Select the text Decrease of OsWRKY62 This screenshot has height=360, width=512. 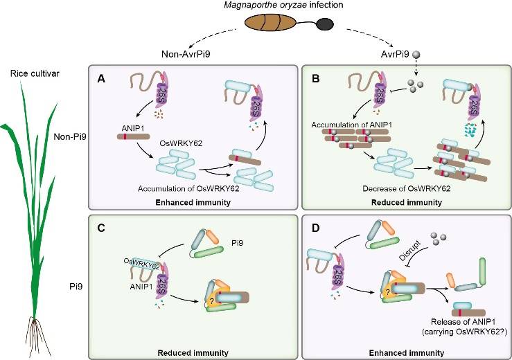tap(388, 188)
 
